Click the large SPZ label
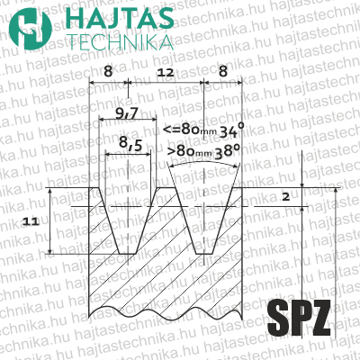(299, 319)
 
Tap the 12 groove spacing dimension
(165, 72)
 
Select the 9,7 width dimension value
(127, 113)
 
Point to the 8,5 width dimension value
(130, 142)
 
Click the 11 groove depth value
(31, 221)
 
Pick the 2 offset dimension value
(286, 197)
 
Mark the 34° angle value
(232, 130)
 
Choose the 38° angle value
(229, 151)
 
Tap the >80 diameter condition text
(190, 151)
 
